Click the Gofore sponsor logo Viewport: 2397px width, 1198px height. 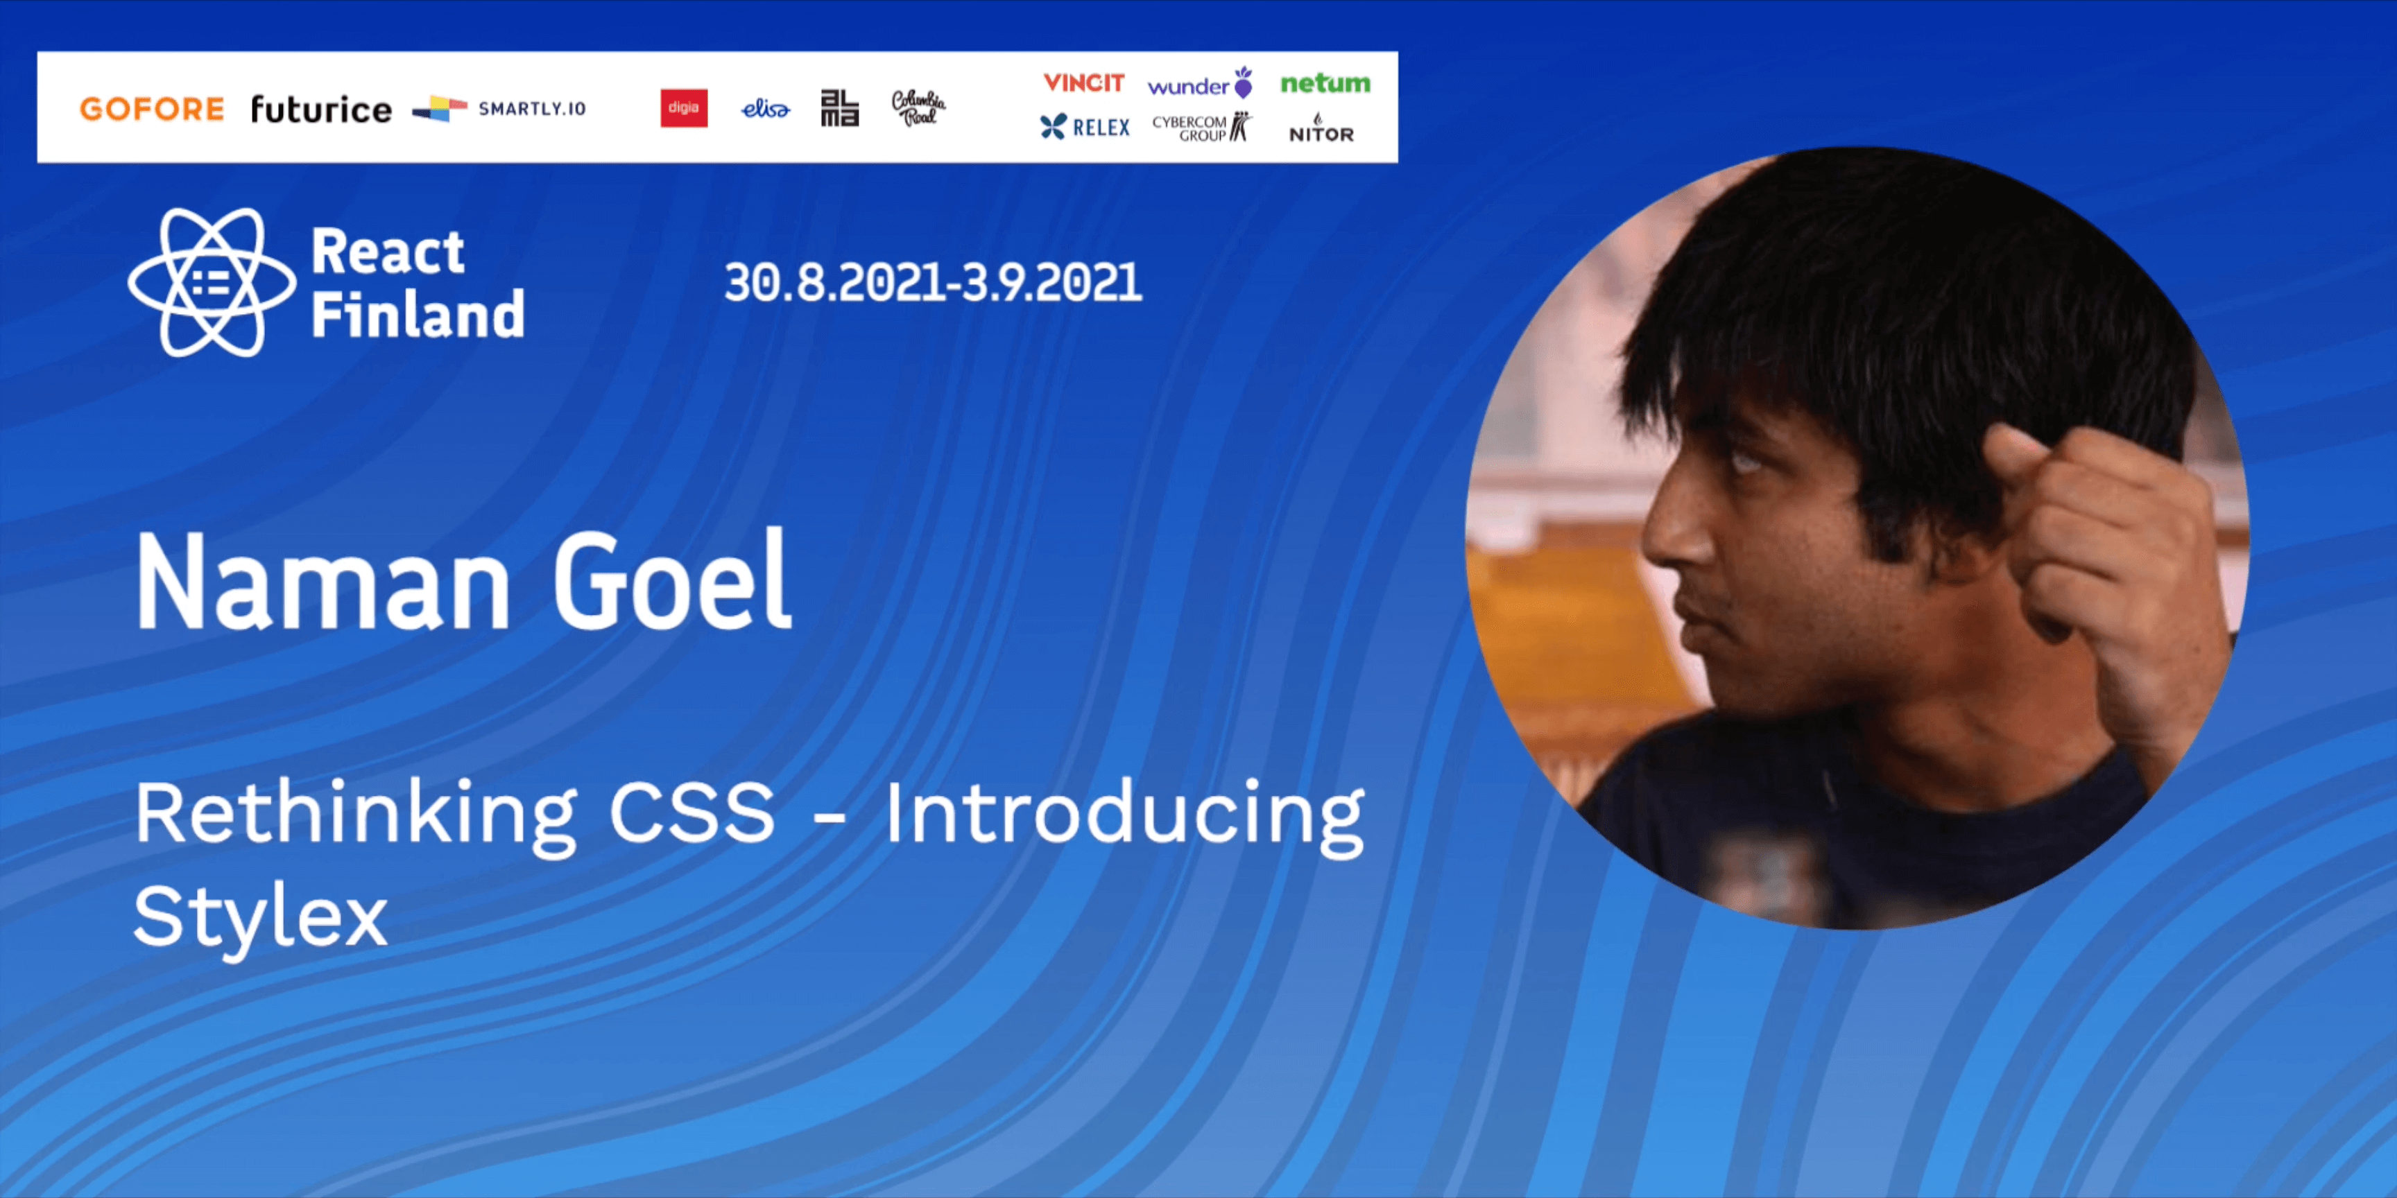152,109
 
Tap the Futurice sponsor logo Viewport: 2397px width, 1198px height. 321,109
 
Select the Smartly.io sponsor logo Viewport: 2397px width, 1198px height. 499,109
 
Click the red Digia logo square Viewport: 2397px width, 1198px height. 684,108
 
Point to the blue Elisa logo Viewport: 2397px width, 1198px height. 765,109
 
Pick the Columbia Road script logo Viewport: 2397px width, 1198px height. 918,108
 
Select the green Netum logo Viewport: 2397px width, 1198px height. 1325,84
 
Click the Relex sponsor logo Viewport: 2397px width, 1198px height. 1085,126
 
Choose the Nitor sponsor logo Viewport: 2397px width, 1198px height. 1321,129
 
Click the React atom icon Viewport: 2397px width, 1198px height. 212,283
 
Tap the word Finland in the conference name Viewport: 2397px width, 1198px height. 418,314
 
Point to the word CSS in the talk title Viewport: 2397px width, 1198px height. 691,812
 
